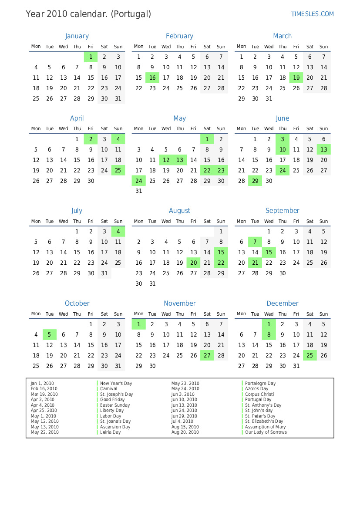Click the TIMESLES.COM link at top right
312,14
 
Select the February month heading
179,36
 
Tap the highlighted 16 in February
152,78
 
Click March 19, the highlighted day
296,78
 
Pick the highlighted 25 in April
118,170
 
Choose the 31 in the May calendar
139,191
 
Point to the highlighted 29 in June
255,181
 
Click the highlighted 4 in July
118,232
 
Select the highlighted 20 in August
193,263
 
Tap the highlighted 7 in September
255,242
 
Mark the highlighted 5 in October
50,335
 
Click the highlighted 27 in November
207,355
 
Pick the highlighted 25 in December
310,355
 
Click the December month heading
282,303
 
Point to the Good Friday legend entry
112,400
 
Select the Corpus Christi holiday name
259,394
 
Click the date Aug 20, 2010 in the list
185,432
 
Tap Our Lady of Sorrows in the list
266,432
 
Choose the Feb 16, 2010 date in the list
44,389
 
